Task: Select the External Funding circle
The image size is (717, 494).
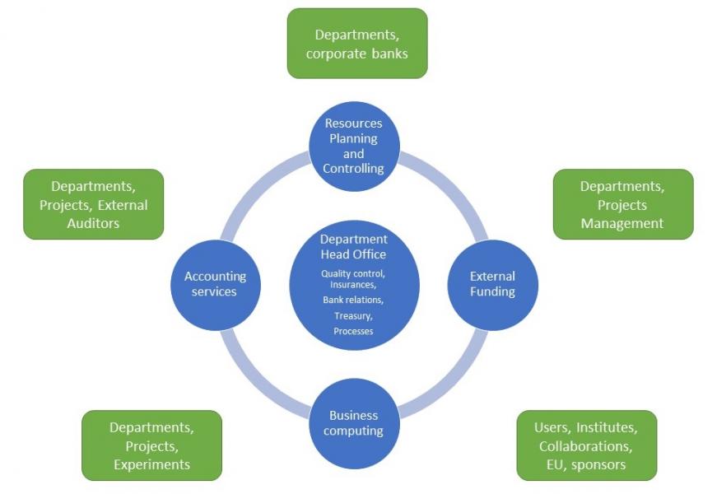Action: coord(492,284)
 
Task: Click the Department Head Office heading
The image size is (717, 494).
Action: coord(353,247)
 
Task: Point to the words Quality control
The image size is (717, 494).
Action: coord(352,273)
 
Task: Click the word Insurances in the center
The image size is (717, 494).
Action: coord(352,285)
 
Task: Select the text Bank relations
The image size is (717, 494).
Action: coord(352,300)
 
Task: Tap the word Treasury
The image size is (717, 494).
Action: coord(352,315)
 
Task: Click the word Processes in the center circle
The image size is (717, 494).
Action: coord(353,331)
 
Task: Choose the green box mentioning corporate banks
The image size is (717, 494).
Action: coord(356,44)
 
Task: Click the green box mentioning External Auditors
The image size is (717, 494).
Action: coord(93,204)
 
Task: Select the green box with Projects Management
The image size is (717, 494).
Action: coord(622,204)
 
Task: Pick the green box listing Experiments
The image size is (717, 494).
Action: coord(152,445)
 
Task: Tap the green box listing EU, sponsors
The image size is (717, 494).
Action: coord(586,445)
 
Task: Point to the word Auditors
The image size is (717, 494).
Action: coord(93,223)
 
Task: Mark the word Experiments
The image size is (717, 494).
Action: coord(152,464)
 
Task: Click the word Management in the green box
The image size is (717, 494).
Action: coord(622,223)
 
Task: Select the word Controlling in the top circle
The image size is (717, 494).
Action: coord(354,169)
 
